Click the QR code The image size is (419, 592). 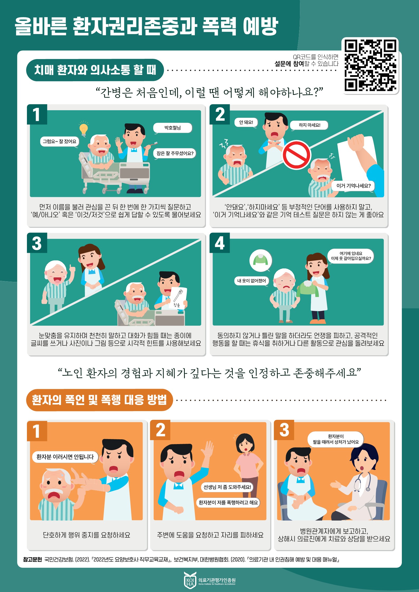click(370, 65)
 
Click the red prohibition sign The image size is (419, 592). click(296, 155)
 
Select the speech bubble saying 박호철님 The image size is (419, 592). click(173, 128)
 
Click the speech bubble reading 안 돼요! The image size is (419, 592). click(246, 122)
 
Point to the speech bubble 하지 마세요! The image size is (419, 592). click(309, 125)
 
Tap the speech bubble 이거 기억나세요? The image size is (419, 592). click(353, 186)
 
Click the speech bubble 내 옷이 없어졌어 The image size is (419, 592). click(251, 281)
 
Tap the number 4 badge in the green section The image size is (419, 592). click(220, 243)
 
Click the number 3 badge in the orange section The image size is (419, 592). click(284, 430)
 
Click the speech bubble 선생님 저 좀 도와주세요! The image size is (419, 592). click(227, 487)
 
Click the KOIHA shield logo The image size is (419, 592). click(190, 580)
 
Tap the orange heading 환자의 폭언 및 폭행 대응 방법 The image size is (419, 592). click(100, 400)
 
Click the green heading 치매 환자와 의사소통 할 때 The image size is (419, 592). click(95, 70)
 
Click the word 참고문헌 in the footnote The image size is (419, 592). click(32, 557)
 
